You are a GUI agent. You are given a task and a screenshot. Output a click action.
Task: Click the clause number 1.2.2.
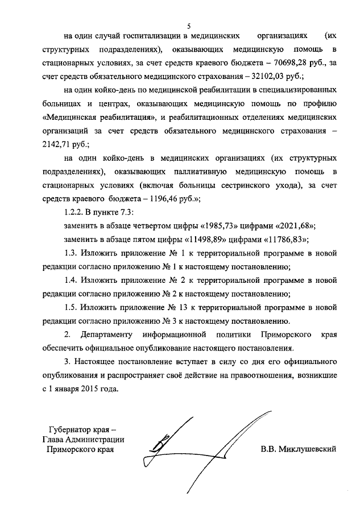pyautogui.click(x=75, y=212)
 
